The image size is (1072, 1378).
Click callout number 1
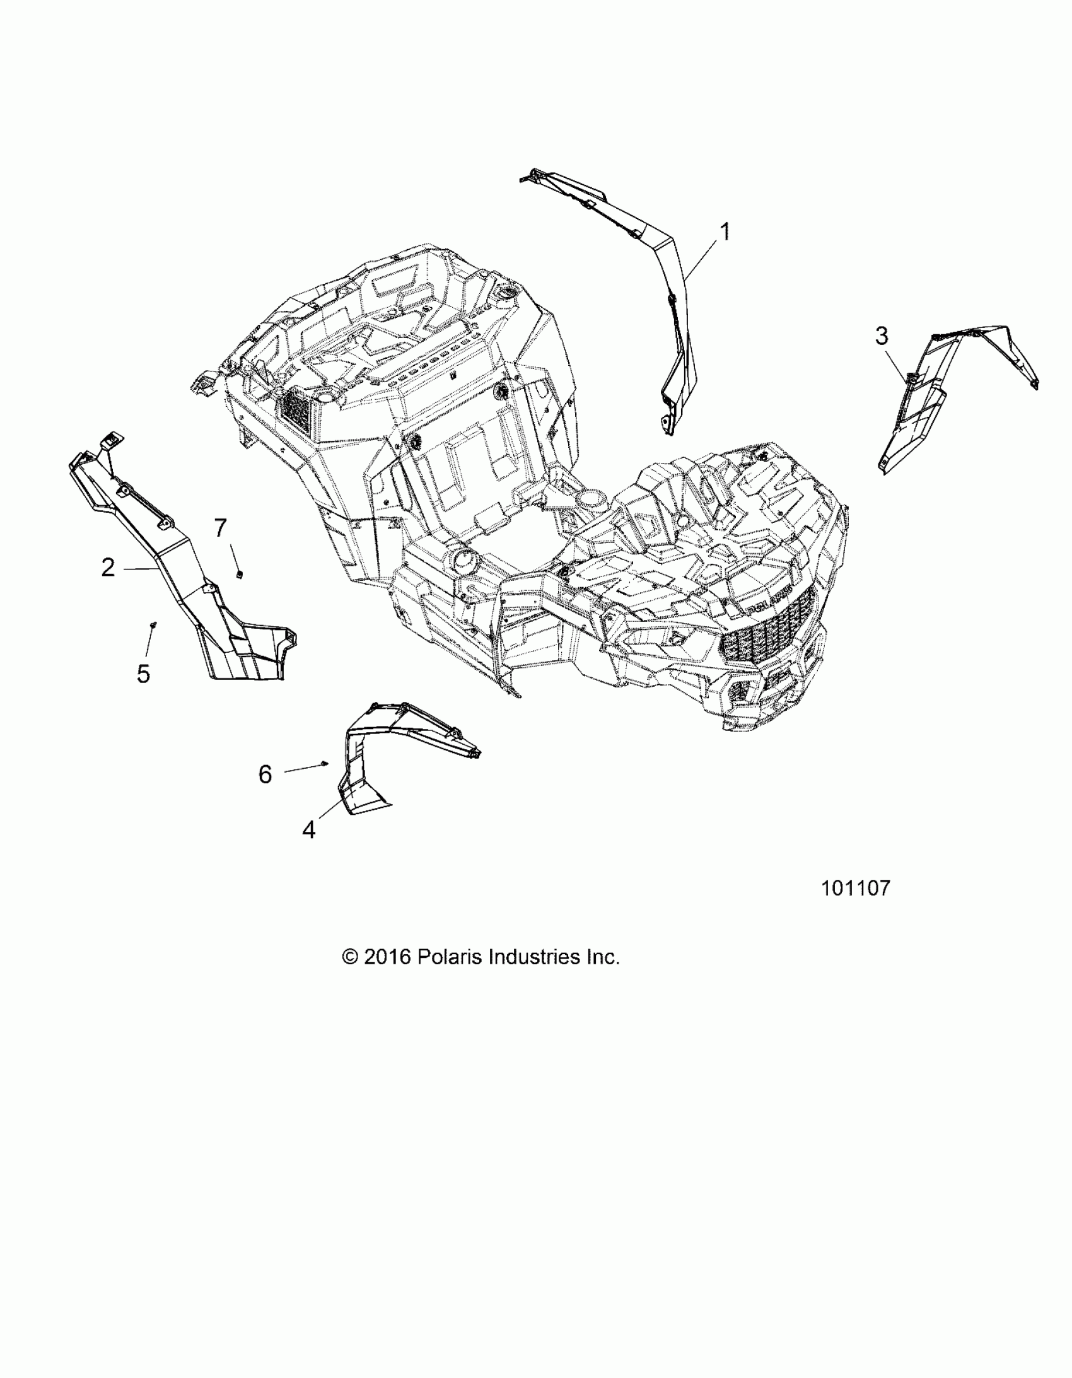[726, 231]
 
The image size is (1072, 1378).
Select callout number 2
[108, 568]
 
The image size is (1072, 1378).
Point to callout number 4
[308, 830]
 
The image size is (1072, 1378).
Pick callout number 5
[143, 674]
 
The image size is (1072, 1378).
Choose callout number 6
[265, 774]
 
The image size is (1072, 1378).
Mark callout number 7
[220, 527]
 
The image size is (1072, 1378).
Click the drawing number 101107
[855, 889]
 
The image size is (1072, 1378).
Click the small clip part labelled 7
[240, 573]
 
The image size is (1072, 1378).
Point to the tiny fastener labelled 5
[153, 624]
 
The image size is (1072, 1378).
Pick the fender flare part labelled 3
[934, 391]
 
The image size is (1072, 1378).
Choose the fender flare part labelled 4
[378, 745]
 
